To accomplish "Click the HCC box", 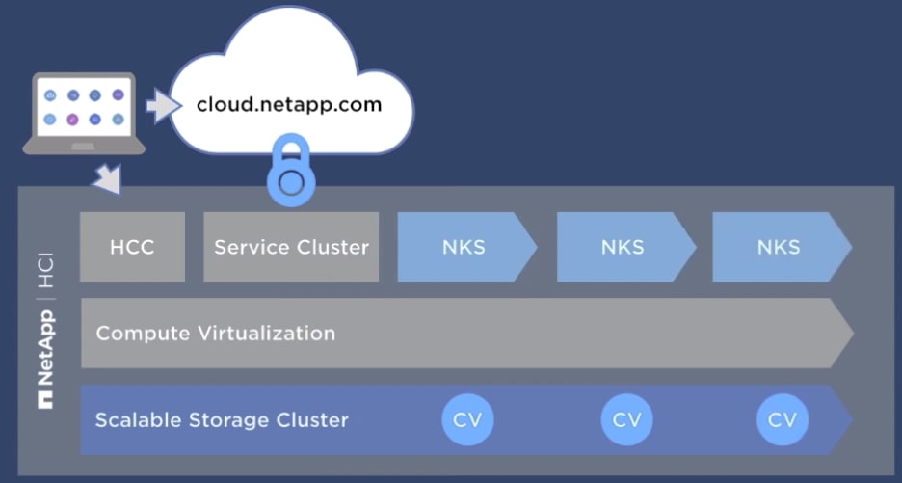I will tap(132, 247).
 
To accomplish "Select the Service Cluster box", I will tap(291, 247).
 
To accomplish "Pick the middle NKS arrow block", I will tap(623, 247).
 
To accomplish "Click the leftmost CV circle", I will tap(467, 420).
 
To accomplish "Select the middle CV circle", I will tap(626, 420).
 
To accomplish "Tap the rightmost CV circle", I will tap(783, 420).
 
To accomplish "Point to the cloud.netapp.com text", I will tap(289, 104).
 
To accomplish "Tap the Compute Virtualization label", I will tap(216, 334).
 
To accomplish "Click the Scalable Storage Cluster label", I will tap(222, 420).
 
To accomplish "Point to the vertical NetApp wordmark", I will tap(45, 347).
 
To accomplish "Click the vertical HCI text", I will tap(45, 273).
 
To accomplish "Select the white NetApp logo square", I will tap(45, 398).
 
